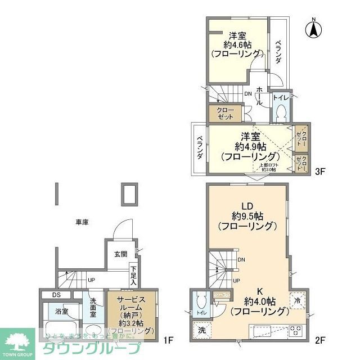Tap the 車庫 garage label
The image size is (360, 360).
coord(82,222)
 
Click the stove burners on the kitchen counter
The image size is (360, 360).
coord(296,331)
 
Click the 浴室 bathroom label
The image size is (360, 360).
coord(61,311)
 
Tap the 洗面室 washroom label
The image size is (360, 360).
coord(93,308)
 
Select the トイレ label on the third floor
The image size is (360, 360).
coord(281,97)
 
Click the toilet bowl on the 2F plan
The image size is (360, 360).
coord(201,304)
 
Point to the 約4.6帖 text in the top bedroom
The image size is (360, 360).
coord(237,43)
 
